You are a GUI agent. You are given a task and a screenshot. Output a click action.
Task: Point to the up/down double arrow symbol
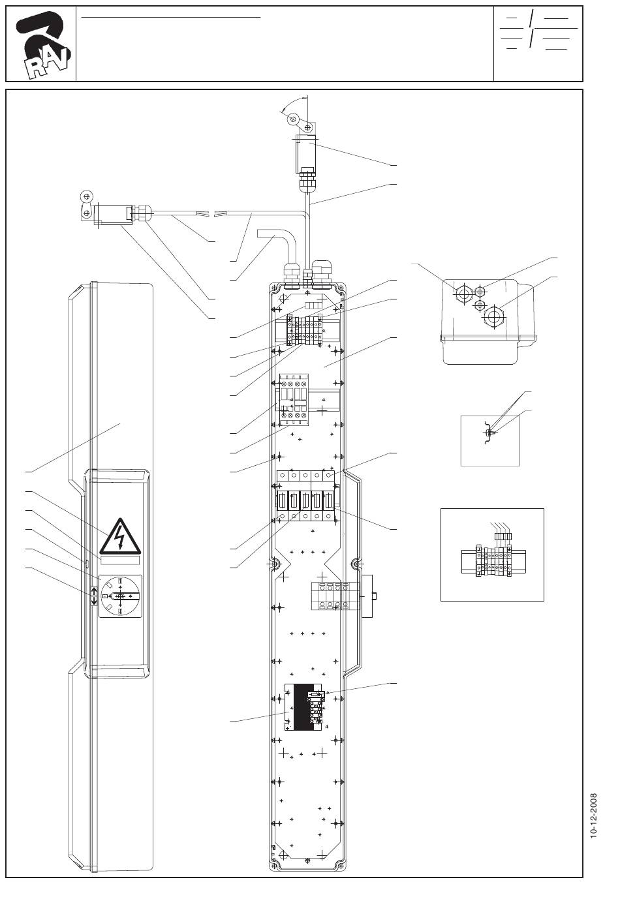tap(93, 596)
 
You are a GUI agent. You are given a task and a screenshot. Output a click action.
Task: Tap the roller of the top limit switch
tap(294, 119)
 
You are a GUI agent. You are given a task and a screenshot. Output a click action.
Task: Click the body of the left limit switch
tap(112, 215)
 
